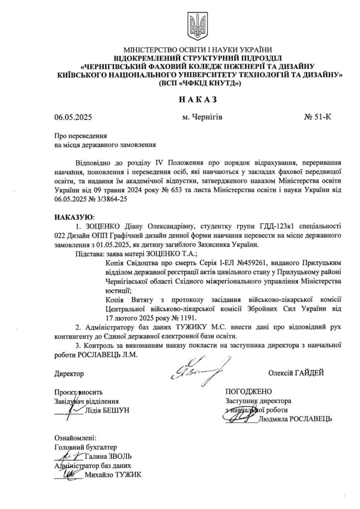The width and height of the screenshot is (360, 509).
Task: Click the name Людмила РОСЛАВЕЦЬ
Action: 295,419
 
